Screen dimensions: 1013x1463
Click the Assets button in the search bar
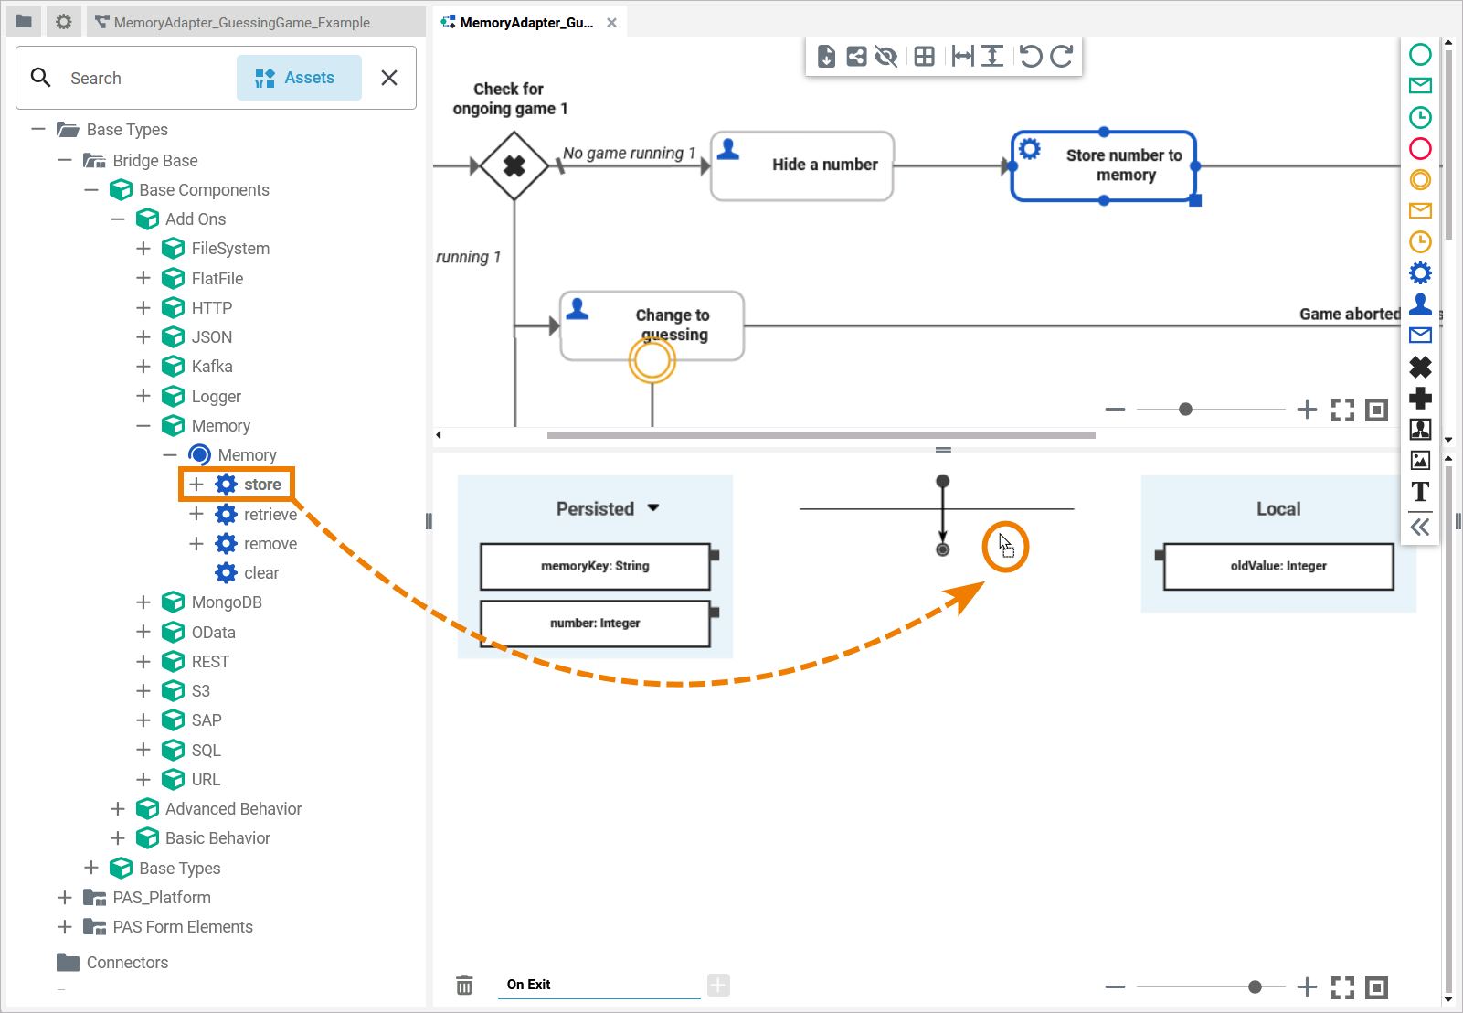click(299, 78)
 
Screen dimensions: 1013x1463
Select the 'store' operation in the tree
click(261, 485)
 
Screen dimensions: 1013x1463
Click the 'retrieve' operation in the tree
click(270, 515)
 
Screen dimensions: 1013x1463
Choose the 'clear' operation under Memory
click(260, 573)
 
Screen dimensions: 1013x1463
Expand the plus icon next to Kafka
click(143, 367)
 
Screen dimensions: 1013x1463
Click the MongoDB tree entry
click(226, 602)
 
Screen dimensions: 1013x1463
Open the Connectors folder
click(126, 963)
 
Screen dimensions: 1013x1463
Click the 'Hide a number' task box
click(801, 165)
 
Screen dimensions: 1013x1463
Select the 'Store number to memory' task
click(1104, 166)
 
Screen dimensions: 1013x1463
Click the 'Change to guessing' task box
click(652, 325)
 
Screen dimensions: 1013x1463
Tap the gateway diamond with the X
click(514, 165)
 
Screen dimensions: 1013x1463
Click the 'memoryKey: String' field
click(595, 567)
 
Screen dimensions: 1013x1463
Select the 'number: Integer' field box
click(595, 624)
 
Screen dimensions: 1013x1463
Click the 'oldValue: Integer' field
click(1277, 567)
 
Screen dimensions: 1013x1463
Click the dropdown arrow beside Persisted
click(653, 508)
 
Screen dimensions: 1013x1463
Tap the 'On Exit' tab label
click(528, 985)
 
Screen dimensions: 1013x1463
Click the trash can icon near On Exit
click(464, 985)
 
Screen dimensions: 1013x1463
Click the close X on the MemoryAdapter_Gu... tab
click(611, 23)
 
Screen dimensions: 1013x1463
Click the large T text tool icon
click(1420, 492)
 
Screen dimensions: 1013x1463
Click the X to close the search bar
click(389, 78)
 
